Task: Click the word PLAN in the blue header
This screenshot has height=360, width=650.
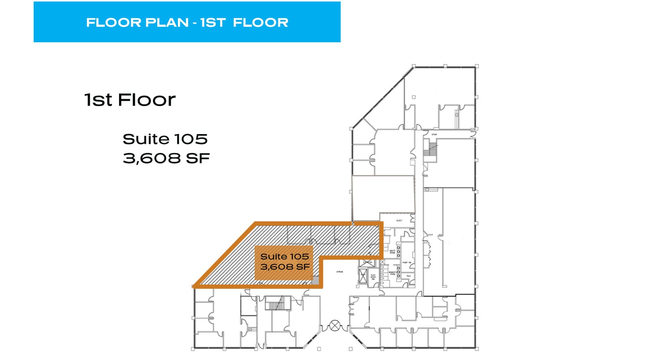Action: click(167, 22)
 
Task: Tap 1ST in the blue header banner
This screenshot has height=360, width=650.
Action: click(213, 22)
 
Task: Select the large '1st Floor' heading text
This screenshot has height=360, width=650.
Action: click(130, 100)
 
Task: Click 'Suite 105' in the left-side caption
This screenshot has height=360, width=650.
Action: click(165, 139)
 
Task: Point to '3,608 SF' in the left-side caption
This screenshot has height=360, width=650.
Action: click(166, 158)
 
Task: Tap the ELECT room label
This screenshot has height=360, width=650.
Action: click(399, 221)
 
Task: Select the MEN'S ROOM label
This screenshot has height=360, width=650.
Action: click(392, 252)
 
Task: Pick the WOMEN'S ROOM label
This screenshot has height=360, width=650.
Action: click(393, 273)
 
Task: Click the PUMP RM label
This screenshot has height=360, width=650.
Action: click(407, 263)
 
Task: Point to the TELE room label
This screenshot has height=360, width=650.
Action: click(408, 276)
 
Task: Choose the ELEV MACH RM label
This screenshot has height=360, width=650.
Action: click(373, 277)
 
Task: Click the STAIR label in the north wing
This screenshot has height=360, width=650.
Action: click(434, 134)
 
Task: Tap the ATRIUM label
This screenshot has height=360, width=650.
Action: click(340, 271)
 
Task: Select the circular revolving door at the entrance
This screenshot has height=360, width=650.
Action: click(335, 325)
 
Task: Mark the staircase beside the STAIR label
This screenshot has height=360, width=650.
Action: click(431, 149)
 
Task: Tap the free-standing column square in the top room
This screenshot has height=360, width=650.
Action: click(414, 97)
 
